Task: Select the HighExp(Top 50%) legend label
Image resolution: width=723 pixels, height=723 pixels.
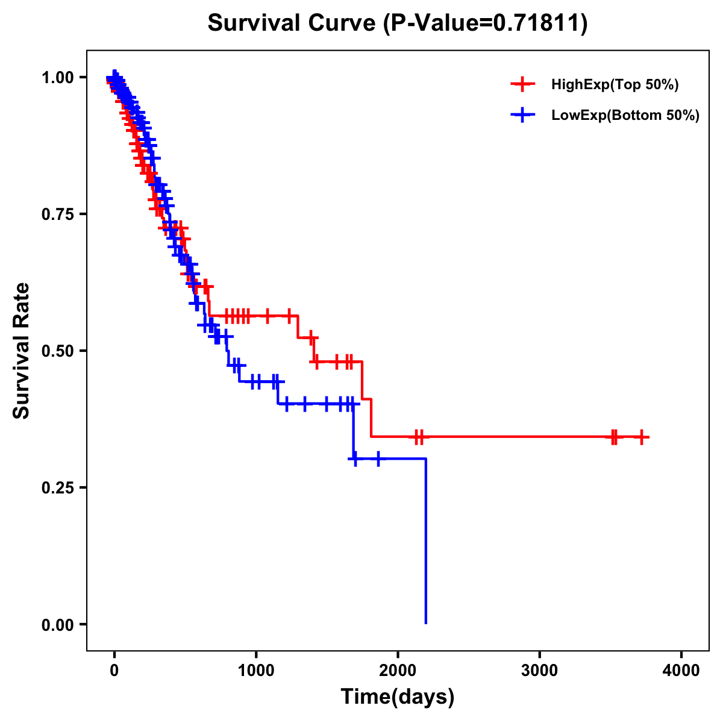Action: pos(615,85)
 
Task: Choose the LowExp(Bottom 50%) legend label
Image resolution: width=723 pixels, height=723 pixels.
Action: pos(625,116)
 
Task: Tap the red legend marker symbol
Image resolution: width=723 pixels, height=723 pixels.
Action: pos(522,85)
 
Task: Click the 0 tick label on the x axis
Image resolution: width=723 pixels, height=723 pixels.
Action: pos(114,671)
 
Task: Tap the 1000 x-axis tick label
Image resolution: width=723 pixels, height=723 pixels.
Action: pos(256,671)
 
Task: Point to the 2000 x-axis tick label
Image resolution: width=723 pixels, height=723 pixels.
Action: pos(398,671)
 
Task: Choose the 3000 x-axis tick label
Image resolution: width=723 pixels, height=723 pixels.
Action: pos(539,671)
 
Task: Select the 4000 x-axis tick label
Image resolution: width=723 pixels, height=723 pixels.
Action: pos(681,671)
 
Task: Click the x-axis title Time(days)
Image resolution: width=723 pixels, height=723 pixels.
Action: pos(398,697)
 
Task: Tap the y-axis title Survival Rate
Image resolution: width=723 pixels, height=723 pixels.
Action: pos(22,351)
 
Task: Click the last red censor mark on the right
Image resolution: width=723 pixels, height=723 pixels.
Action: pos(642,437)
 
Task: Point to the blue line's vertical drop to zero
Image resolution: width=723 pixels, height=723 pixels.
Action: pos(426,542)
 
